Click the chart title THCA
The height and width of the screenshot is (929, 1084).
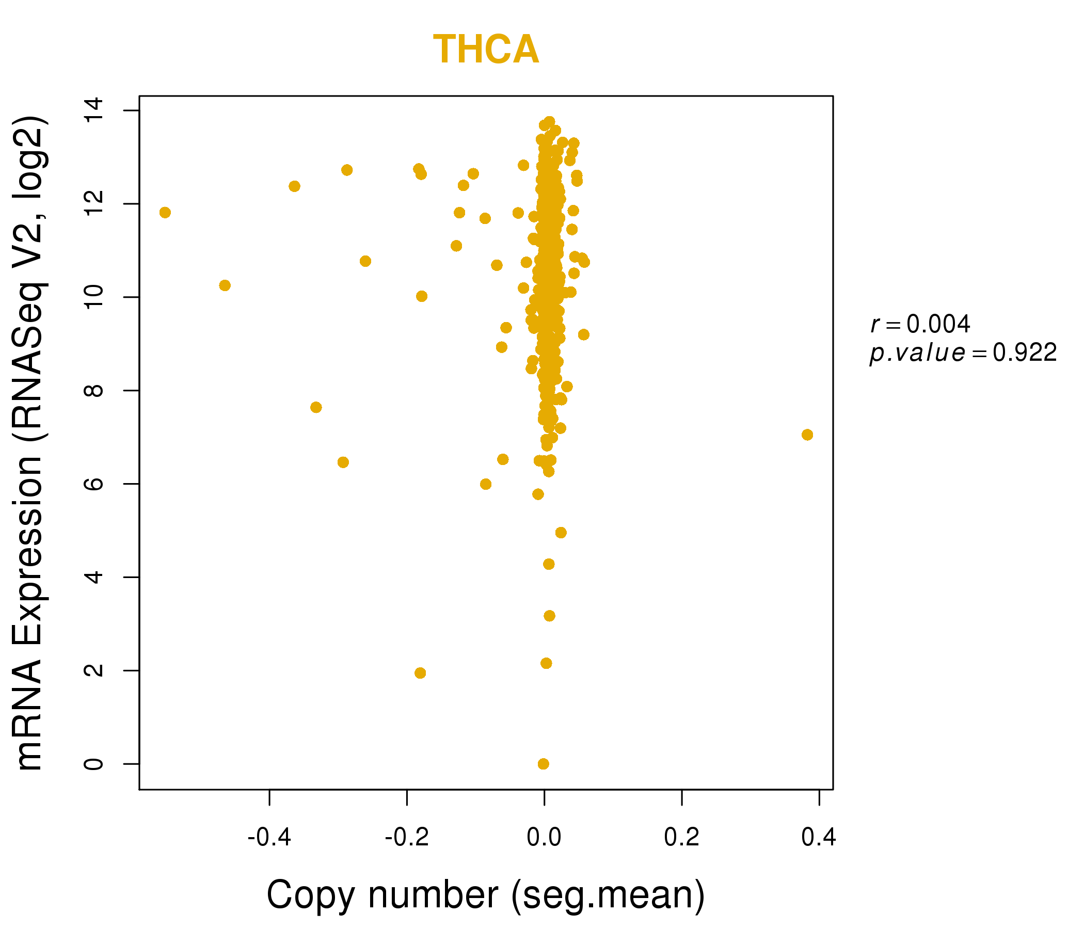click(486, 50)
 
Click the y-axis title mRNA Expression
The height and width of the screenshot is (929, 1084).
click(30, 443)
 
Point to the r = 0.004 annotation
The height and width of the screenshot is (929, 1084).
click(920, 324)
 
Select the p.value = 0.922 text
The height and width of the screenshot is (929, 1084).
click(963, 353)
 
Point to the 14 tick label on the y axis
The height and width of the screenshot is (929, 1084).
click(94, 110)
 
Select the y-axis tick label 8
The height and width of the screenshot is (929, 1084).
click(94, 391)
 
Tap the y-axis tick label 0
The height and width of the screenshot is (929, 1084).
click(94, 764)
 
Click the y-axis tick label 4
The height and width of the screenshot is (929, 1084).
click(94, 577)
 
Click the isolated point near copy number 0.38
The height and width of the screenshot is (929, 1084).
click(807, 435)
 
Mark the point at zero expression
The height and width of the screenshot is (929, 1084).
click(544, 764)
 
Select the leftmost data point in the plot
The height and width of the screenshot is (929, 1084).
click(165, 212)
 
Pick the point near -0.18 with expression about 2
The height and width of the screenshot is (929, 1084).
click(420, 672)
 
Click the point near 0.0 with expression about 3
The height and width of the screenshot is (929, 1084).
click(549, 616)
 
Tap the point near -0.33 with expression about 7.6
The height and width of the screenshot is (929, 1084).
click(316, 408)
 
